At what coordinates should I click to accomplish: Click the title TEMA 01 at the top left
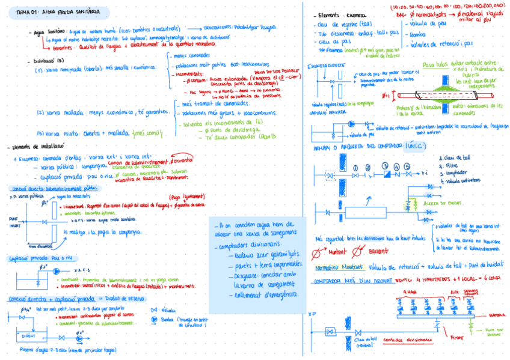pyautogui.click(x=27, y=11)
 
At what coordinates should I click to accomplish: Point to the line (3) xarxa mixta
pyautogui.click(x=59, y=133)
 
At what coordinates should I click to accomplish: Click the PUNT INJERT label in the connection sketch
pyautogui.click(x=14, y=221)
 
